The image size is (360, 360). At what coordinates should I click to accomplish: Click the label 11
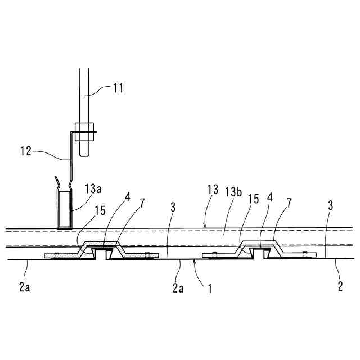pyautogui.click(x=118, y=88)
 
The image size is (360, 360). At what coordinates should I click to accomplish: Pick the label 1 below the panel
pyautogui.click(x=209, y=290)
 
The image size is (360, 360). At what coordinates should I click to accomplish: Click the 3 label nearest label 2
pyautogui.click(x=330, y=206)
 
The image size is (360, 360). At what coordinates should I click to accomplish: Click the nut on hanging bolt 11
pyautogui.click(x=84, y=134)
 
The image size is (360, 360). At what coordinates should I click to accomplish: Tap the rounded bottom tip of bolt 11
pyautogui.click(x=84, y=152)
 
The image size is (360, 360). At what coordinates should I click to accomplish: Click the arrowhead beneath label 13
pyautogui.click(x=205, y=226)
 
